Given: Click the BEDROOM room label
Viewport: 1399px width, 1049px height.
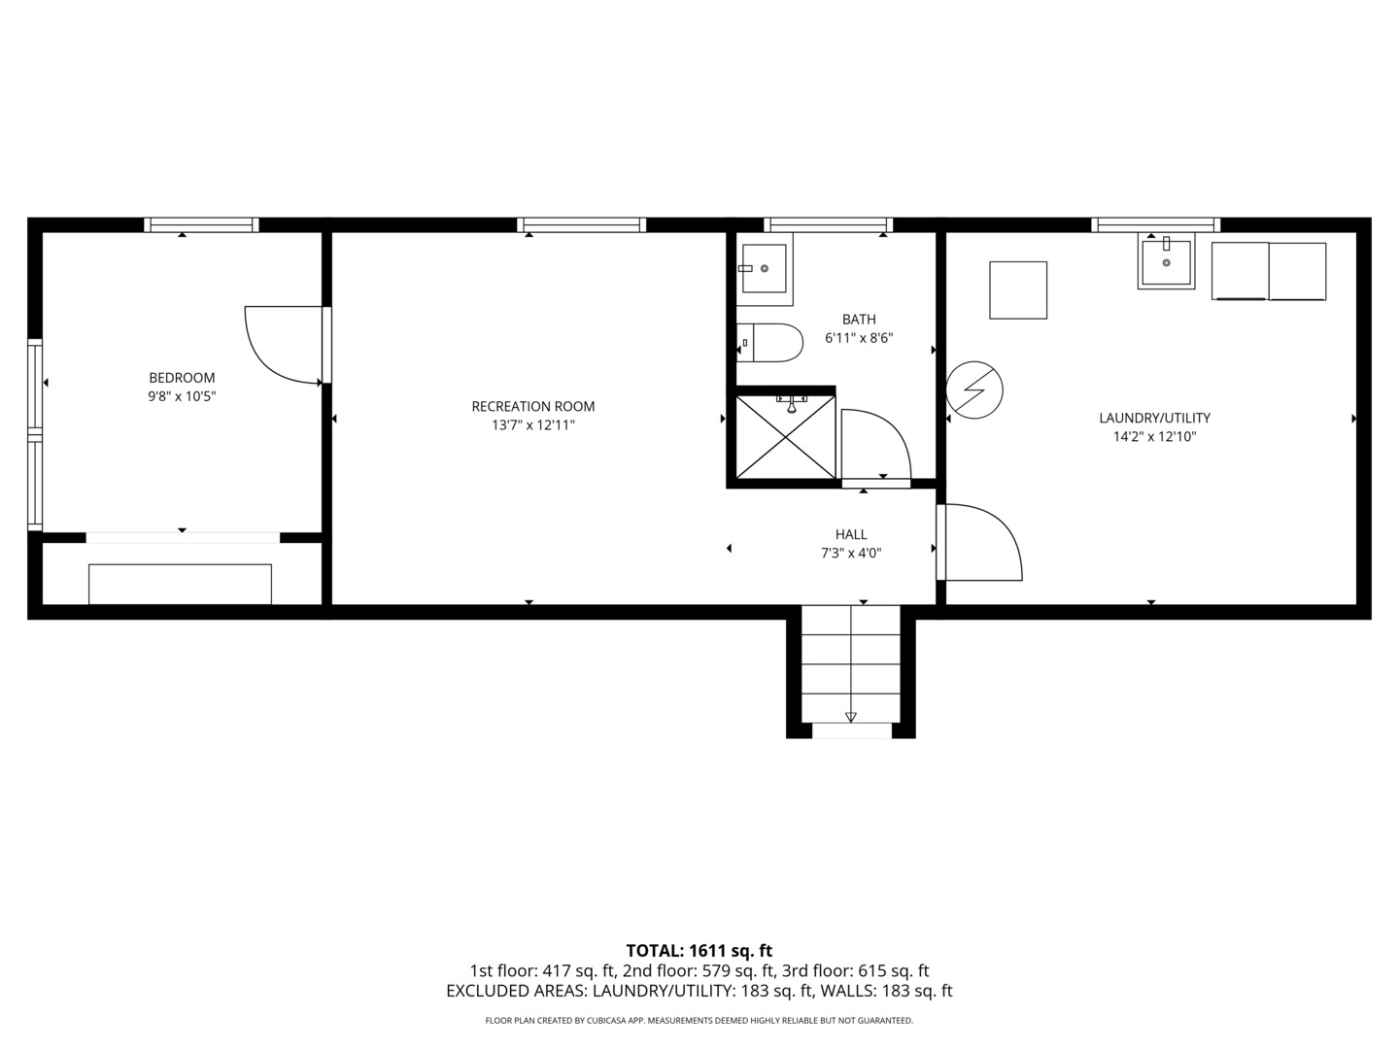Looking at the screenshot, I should point(182,378).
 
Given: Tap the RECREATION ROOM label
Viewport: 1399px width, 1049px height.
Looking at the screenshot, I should point(532,406).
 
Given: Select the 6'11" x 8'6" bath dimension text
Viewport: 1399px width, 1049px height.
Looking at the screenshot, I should point(858,338).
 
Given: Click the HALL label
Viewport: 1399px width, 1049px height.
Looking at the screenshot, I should point(851,534).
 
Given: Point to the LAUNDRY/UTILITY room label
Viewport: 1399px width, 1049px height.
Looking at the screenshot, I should point(1154,418).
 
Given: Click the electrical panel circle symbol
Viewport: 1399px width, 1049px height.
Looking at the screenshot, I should point(974,390).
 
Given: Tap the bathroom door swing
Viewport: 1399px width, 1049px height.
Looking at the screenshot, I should point(874,445).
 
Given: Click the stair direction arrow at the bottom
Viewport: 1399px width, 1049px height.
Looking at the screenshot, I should point(851,717).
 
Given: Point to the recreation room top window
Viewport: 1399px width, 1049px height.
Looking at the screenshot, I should point(581,225).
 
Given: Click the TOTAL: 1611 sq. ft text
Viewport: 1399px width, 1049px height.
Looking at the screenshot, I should point(699,950).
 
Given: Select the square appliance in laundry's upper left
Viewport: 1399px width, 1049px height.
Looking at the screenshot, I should point(1018,289).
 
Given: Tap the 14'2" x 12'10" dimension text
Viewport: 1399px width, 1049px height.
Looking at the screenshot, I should point(1154,437).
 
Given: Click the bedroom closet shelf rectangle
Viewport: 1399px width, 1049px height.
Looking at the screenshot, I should point(180,584).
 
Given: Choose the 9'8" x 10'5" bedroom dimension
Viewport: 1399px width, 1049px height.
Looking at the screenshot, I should point(182,396).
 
